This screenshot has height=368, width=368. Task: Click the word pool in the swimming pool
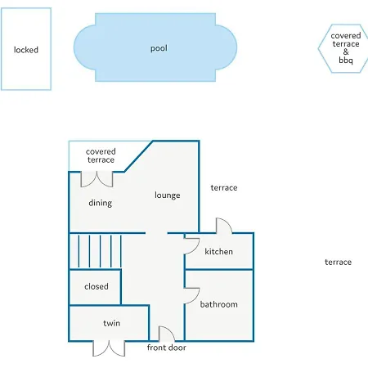[159, 48]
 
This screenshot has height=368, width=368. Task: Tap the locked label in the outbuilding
[26, 50]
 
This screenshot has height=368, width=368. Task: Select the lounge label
[168, 195]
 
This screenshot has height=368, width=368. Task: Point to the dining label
[101, 203]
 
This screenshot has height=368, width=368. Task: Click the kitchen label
[219, 251]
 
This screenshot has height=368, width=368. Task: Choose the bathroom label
[219, 304]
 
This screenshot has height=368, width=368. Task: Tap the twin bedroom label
[112, 323]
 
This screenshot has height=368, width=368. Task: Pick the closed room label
[96, 286]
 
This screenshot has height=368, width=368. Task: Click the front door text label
[167, 348]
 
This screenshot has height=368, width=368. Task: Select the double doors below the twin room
[109, 350]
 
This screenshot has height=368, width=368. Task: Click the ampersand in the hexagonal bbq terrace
[346, 52]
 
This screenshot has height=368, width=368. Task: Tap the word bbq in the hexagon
[346, 60]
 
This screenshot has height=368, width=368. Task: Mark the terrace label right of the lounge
[224, 187]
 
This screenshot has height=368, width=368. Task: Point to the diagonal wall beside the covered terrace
[138, 156]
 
